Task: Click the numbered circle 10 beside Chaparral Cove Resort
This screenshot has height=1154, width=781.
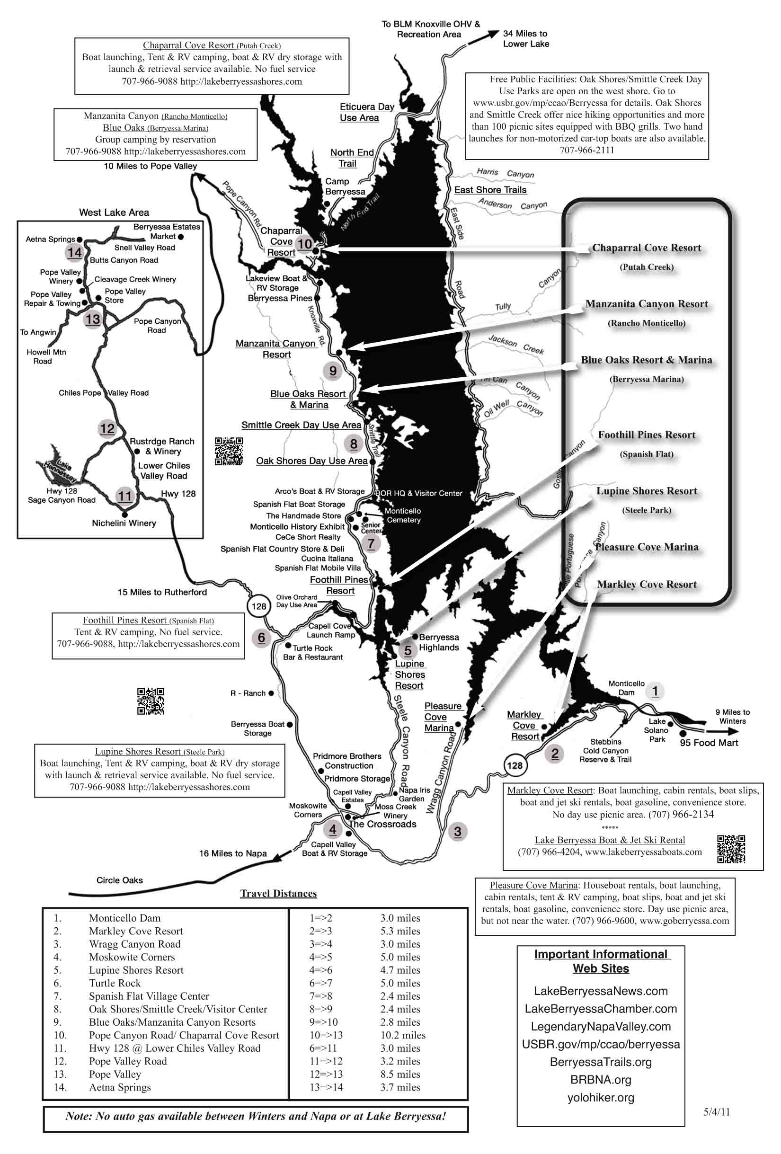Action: [304, 244]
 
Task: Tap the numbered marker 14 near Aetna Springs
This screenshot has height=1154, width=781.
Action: [74, 253]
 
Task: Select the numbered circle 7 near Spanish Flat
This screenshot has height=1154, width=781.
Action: [371, 543]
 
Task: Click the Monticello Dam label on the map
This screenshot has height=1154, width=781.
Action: [626, 688]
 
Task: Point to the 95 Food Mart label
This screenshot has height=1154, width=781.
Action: [709, 743]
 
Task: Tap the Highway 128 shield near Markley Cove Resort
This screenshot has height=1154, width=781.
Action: [515, 765]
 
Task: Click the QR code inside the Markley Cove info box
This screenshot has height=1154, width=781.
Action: [731, 849]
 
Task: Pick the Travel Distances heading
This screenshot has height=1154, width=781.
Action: [278, 894]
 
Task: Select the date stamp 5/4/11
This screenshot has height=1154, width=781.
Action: [717, 1112]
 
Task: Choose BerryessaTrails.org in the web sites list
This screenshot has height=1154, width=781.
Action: [600, 1062]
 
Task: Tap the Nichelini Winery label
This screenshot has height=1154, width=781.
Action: [124, 524]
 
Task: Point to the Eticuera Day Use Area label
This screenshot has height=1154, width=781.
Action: [366, 112]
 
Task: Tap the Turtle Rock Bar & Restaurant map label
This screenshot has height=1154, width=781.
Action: [313, 652]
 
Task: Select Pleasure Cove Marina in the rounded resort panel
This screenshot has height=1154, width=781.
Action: [647, 547]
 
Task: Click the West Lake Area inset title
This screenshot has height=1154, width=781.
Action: [114, 213]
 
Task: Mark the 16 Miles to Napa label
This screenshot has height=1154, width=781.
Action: [233, 853]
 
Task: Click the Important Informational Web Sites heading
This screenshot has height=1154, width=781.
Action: [601, 961]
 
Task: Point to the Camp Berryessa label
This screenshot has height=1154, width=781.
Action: [345, 186]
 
